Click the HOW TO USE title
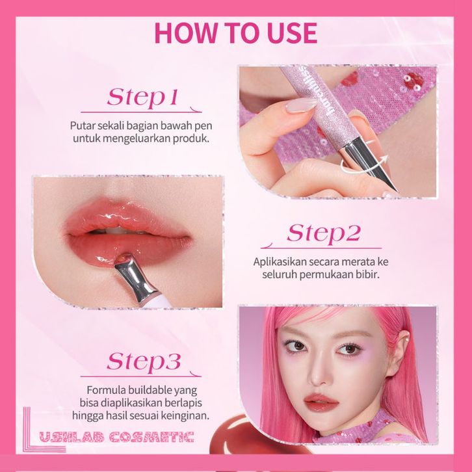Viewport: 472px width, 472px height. point(236,33)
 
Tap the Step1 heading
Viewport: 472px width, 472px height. point(142,98)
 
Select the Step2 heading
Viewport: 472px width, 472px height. point(323,233)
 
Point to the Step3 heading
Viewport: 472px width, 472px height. point(144,361)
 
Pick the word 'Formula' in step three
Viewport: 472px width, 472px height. point(106,390)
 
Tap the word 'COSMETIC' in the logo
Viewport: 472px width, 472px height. point(151,437)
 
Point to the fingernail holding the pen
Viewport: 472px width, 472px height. point(301,105)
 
